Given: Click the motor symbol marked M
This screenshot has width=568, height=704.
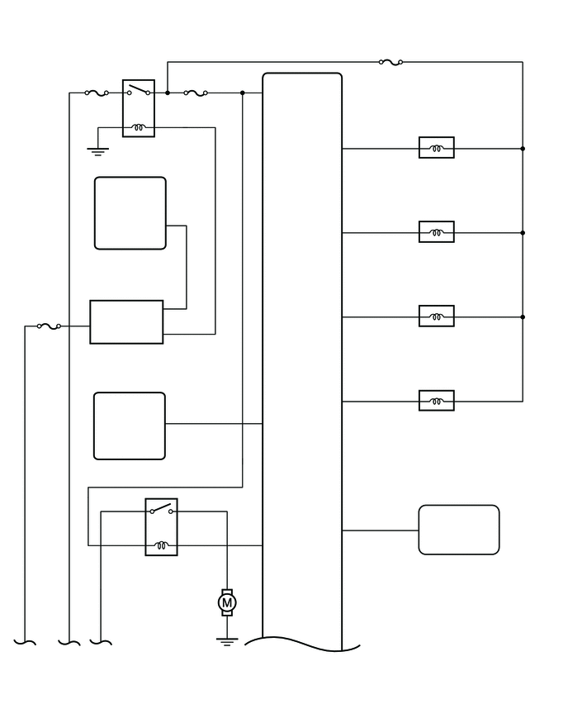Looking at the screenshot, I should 227,603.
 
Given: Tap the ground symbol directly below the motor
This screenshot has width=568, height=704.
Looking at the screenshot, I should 227,640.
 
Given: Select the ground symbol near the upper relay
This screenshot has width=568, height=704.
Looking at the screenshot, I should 98,150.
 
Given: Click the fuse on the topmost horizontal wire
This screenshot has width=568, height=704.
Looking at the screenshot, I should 390,61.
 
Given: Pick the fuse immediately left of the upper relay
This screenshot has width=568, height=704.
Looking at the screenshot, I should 97,93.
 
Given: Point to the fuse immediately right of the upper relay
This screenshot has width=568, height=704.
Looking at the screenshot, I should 196,93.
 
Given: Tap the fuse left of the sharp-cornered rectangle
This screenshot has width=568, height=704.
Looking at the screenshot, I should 49,326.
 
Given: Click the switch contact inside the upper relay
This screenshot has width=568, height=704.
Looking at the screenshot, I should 139,91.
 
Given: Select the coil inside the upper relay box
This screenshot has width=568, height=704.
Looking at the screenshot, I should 139,128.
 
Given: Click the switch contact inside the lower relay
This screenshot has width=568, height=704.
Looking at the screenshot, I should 161,509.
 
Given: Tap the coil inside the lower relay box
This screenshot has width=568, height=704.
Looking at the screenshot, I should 161,545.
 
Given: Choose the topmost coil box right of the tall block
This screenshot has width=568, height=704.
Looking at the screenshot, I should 437,149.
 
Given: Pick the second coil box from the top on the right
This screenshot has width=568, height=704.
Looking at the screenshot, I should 437,232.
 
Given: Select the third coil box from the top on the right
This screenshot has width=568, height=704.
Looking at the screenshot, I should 437,316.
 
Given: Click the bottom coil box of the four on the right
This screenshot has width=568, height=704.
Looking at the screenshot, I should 437,402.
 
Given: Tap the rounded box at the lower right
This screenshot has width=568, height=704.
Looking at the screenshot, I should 459,530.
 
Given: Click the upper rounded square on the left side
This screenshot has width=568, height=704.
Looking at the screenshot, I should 130,213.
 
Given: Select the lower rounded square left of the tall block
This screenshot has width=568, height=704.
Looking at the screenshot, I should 130,426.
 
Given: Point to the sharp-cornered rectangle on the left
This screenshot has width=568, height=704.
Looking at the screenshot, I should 126,321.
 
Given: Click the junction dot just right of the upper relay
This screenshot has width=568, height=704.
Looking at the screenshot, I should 168,93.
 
